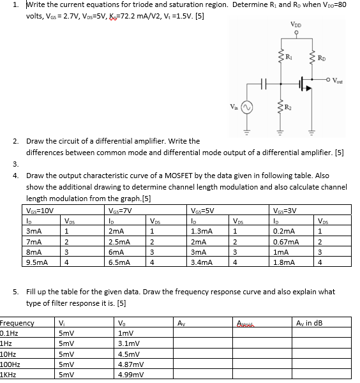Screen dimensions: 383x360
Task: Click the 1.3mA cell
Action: [x=202, y=231]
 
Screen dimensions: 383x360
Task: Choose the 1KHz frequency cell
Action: [x=10, y=375]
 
